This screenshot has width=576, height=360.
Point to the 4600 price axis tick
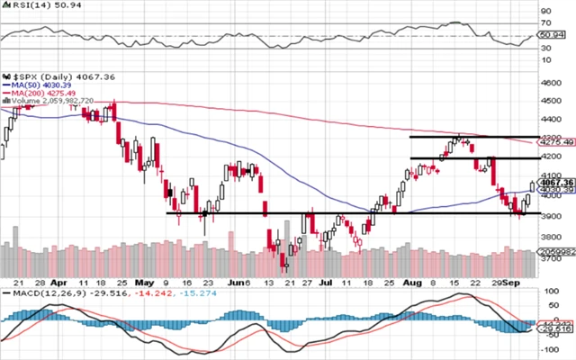coord(550,83)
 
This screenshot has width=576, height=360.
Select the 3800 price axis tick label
coord(550,237)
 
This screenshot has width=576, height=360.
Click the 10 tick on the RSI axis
coord(545,59)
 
